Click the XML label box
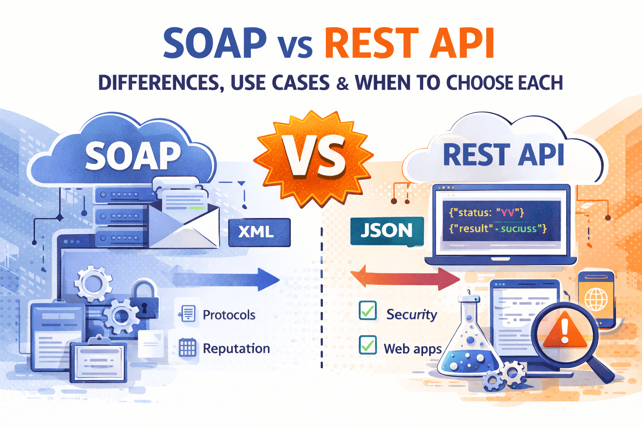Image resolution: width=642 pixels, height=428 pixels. point(259,232)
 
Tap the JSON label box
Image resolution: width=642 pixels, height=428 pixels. point(387,231)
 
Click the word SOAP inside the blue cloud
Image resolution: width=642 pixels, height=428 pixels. point(133,156)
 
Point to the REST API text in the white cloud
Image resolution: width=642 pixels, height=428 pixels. point(503,155)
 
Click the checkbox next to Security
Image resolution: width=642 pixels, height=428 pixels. point(368,311)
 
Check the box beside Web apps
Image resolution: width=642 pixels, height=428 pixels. point(368,346)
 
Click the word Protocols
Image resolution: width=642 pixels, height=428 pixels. point(229,315)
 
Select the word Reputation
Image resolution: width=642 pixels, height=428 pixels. point(236,348)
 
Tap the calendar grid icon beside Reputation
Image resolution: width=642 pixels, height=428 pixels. point(187,348)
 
